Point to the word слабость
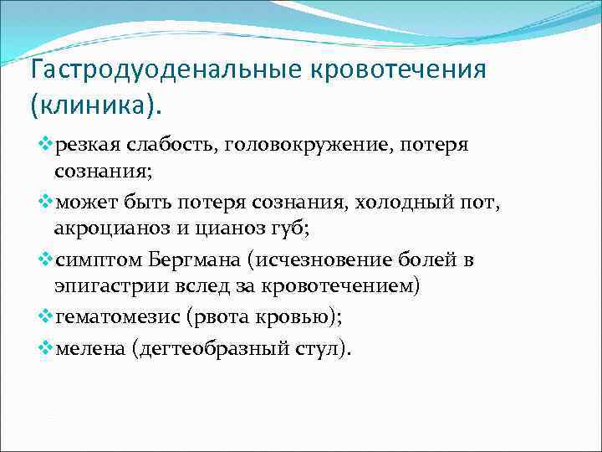pyautogui.click(x=168, y=146)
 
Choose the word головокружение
pyautogui.click(x=301, y=146)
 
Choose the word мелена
pyautogui.click(x=88, y=347)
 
